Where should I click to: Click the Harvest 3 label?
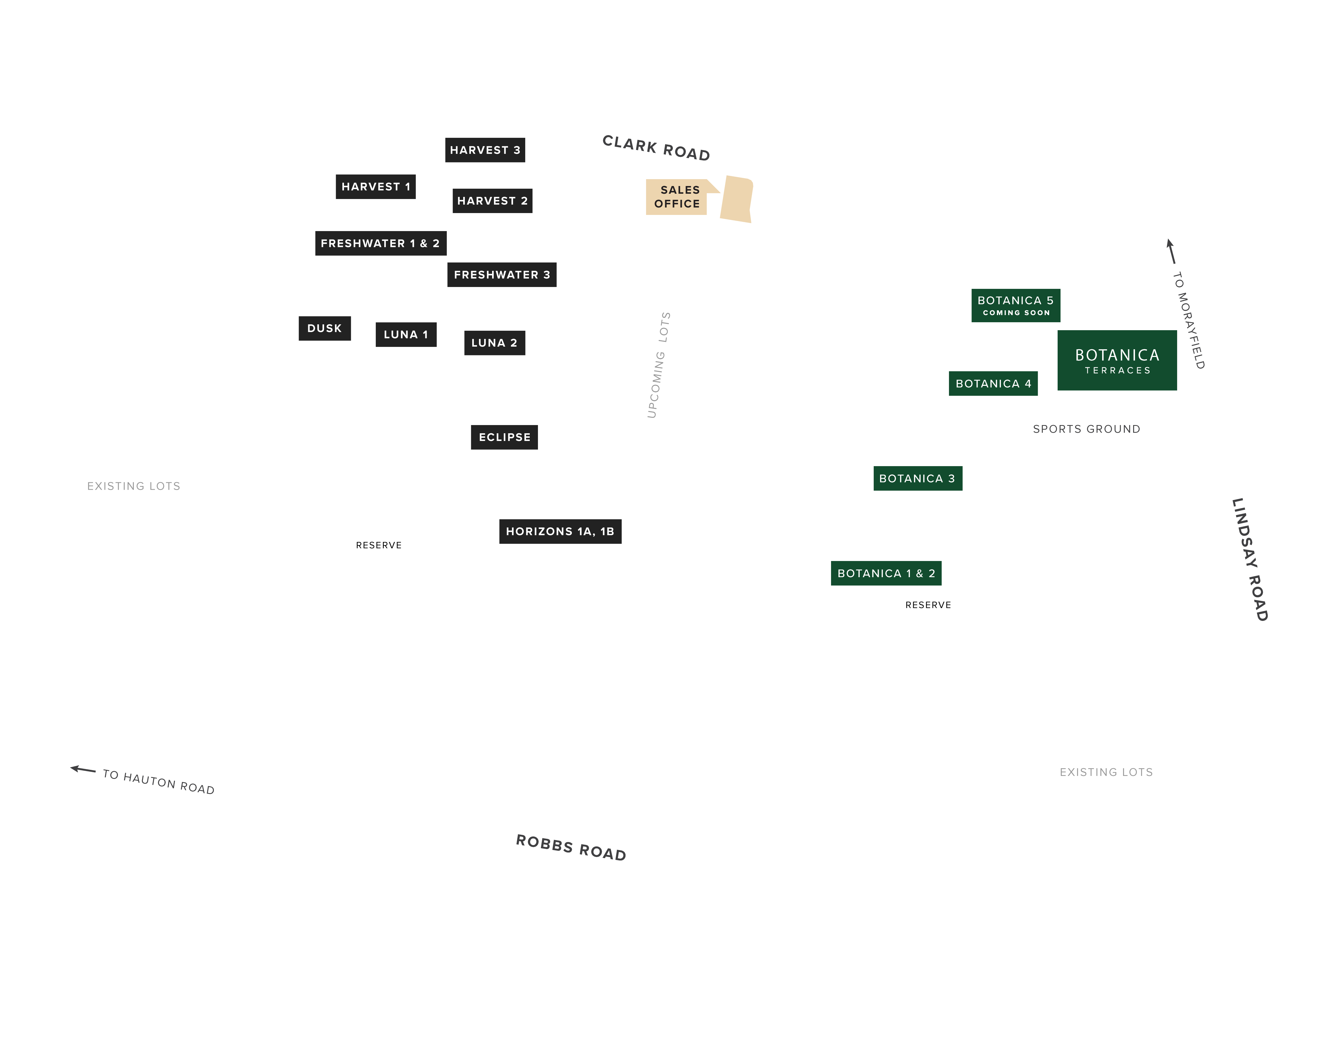point(485,150)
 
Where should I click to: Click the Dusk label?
point(324,328)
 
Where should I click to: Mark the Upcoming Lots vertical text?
point(659,365)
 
